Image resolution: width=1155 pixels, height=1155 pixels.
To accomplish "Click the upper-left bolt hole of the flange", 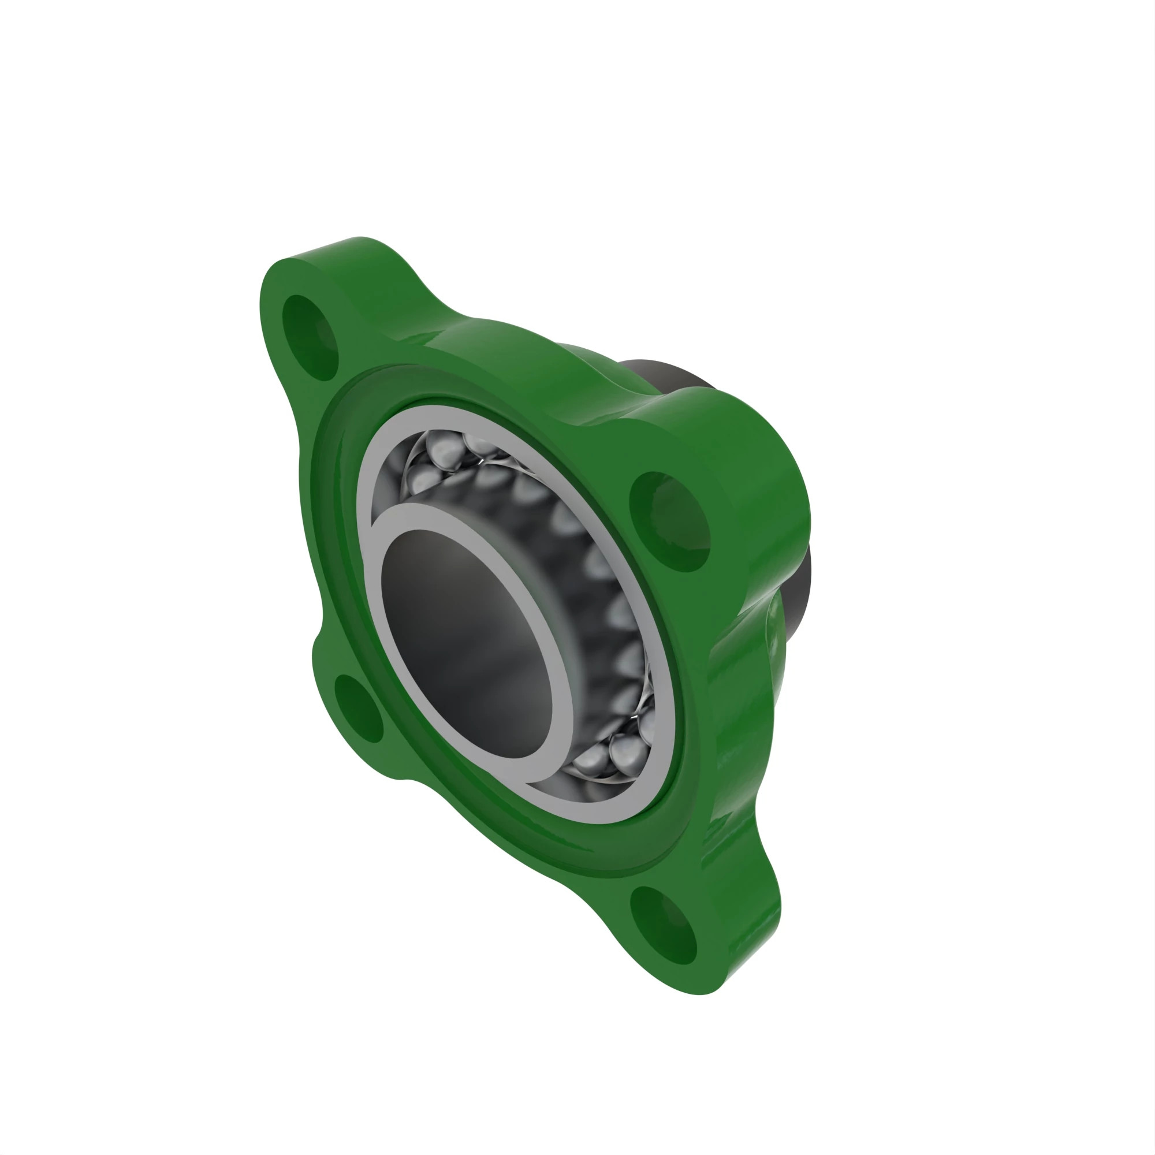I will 310,338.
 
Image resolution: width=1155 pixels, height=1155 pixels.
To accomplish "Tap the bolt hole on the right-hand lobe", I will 669,521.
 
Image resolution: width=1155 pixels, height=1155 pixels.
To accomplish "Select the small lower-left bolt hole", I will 358,709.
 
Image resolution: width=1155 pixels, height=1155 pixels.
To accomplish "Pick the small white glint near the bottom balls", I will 635,716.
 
